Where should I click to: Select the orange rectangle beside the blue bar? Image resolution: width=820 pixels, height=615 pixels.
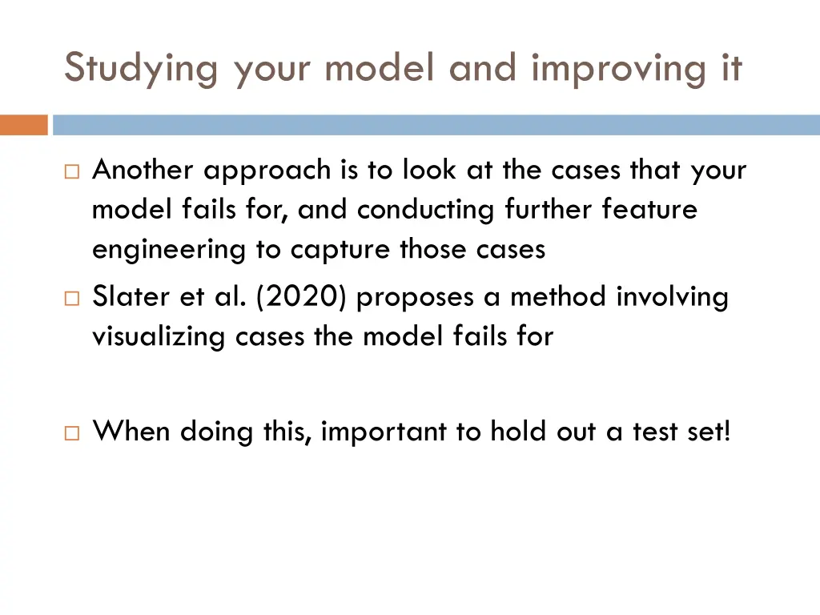24,126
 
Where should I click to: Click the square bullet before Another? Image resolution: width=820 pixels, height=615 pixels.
72,171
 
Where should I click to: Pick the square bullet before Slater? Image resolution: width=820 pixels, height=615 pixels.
72,298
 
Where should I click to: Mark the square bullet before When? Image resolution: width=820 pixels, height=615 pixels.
72,432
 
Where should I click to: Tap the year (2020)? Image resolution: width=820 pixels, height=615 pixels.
303,298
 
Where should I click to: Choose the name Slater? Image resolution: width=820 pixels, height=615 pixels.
128,298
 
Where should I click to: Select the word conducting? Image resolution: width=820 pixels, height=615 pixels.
427,210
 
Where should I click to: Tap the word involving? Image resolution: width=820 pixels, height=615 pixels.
673,298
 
